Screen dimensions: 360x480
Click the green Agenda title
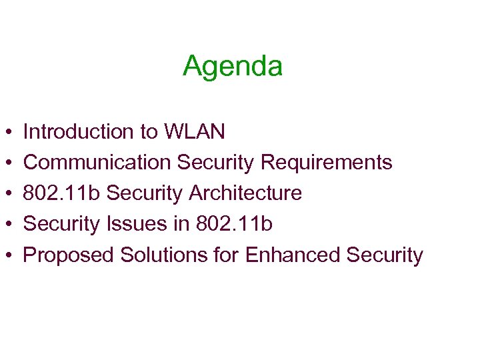(233, 66)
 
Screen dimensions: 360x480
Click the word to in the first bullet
(149, 132)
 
